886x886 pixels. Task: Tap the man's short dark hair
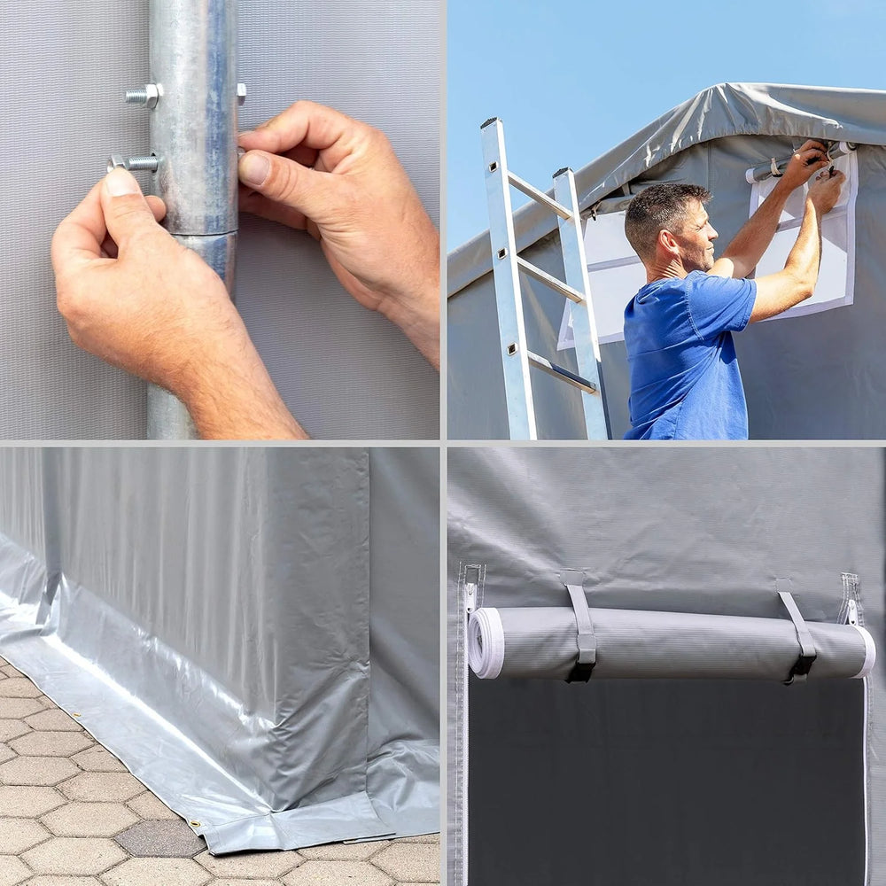click(x=660, y=208)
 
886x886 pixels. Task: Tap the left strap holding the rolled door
click(x=581, y=625)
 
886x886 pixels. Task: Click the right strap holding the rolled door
click(x=798, y=633)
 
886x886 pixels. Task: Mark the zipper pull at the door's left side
click(x=470, y=594)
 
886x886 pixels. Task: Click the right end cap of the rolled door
click(x=866, y=651)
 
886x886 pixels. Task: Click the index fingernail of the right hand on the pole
click(x=254, y=168)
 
